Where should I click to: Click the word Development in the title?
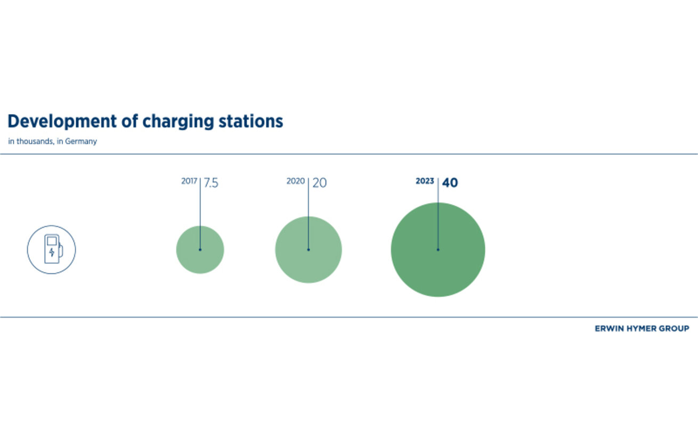tap(62, 121)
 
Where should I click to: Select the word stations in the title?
tap(251, 121)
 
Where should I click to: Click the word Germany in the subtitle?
tap(81, 142)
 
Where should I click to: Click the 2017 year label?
tap(189, 181)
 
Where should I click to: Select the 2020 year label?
tap(295, 181)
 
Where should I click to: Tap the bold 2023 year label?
tap(425, 181)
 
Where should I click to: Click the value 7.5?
tap(211, 183)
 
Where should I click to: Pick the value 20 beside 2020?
tap(319, 183)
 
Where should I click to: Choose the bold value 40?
tap(450, 183)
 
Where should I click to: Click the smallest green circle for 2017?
tap(200, 250)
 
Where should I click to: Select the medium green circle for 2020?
tap(309, 250)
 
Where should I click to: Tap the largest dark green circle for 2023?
tap(438, 250)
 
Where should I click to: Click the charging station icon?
tap(51, 250)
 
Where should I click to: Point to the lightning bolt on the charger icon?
tap(52, 252)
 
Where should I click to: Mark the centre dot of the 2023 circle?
tap(438, 250)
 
